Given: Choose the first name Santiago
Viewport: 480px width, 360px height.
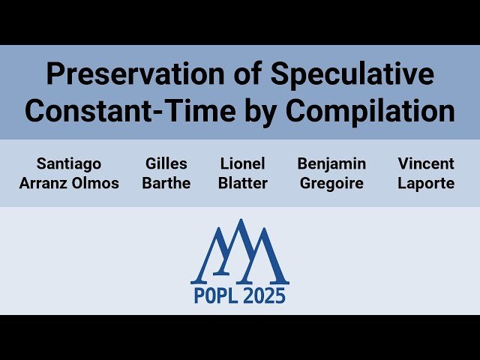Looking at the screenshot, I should click(68, 163).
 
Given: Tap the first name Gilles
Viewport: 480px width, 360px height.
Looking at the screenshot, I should click(166, 163).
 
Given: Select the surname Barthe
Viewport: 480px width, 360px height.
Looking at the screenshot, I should click(166, 183).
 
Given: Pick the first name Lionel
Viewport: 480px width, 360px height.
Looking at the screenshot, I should click(244, 163).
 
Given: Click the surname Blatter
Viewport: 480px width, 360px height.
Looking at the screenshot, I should click(244, 183).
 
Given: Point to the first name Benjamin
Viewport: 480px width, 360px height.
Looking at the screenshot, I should click(331, 163).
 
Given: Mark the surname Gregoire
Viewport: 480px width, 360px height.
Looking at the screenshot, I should click(331, 184).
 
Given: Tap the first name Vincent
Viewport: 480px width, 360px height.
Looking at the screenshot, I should click(426, 163).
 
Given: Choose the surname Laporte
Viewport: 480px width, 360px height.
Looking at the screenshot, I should click(426, 184).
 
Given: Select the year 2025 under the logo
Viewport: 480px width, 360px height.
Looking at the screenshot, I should click(265, 296).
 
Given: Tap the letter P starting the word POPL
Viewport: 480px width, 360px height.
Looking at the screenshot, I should click(199, 296).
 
